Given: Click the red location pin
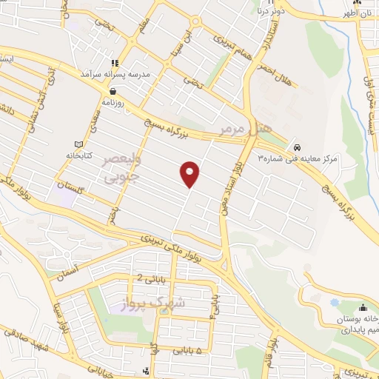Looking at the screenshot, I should [x=190, y=173].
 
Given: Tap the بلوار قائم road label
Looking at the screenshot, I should [x=272, y=349].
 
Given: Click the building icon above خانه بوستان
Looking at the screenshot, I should [x=363, y=308].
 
